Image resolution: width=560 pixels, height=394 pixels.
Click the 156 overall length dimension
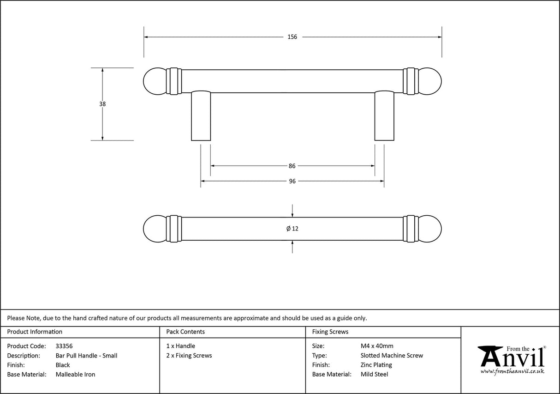[x=292, y=37]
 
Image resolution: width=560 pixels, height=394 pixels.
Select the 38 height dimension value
[x=102, y=104]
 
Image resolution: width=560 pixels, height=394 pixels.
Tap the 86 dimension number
[x=292, y=166]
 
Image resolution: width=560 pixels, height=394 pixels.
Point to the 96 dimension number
[x=292, y=182]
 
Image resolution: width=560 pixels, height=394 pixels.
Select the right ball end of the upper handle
[x=430, y=81]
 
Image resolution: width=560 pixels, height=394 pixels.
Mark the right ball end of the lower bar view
[x=430, y=229]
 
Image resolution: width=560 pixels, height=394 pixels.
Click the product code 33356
[x=64, y=346]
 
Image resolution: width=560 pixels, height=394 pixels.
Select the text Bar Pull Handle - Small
[x=86, y=356]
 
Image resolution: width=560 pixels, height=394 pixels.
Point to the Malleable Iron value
[x=75, y=375]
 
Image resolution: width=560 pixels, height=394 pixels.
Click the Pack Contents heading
[x=185, y=332]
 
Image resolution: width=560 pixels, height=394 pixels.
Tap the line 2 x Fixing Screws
[x=189, y=356]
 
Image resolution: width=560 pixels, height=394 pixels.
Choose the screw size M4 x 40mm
[x=377, y=346]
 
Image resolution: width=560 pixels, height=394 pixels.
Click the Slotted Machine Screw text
[x=392, y=356]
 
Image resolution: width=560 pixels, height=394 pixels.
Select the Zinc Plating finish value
[x=376, y=365]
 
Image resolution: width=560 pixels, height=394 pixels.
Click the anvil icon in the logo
[x=489, y=356]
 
